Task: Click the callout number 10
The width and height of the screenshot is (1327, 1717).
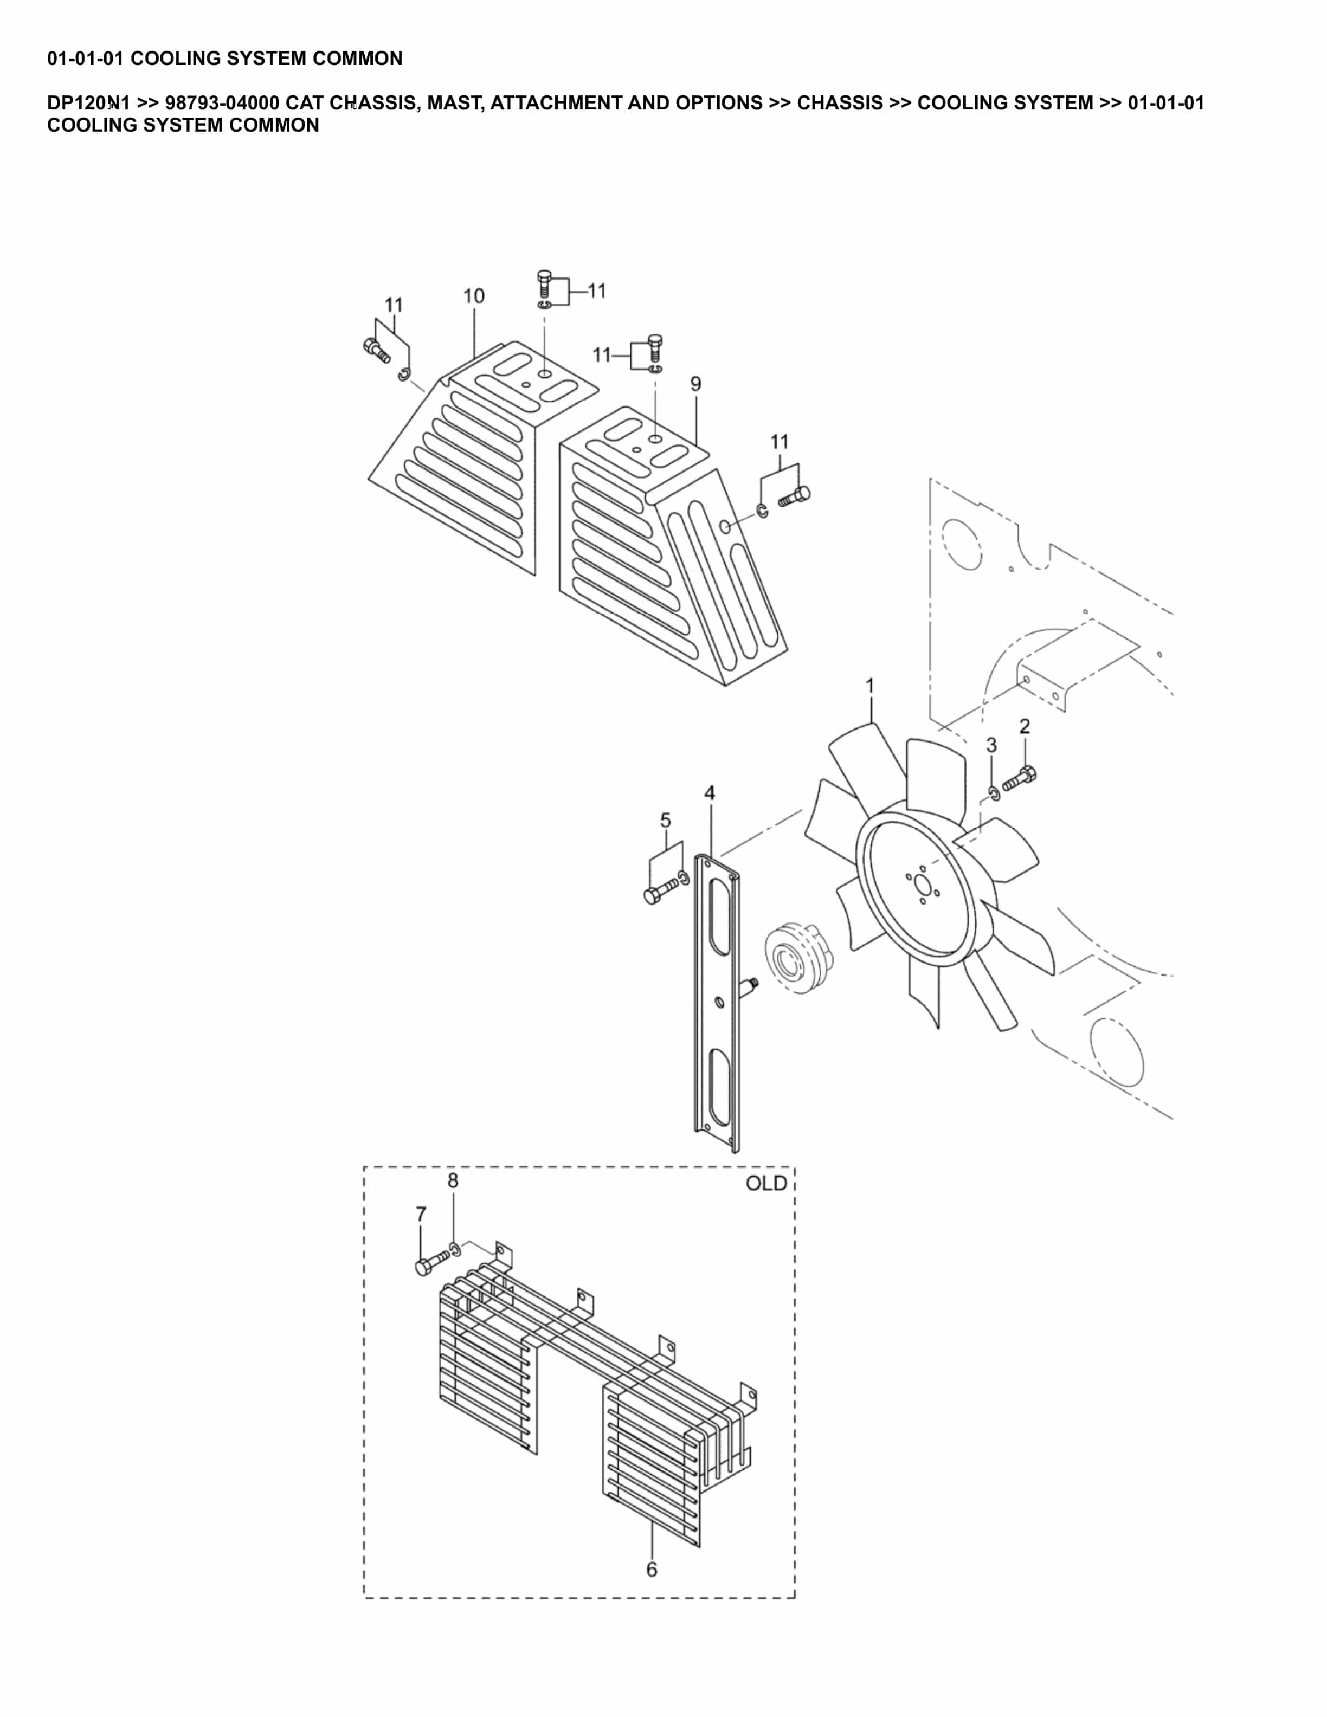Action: coord(473,296)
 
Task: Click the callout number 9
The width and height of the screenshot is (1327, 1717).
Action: coord(695,384)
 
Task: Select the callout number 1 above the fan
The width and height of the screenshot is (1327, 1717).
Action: coord(869,686)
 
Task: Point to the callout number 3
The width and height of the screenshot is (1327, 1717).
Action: coord(991,745)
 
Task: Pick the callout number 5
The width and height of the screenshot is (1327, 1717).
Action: coord(665,821)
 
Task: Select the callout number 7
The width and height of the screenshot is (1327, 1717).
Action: coord(421,1215)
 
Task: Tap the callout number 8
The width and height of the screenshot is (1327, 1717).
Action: coord(453,1181)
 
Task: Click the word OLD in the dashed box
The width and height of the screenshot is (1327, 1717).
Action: coord(766,1184)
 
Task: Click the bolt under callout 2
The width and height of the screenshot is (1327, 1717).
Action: coord(1020,779)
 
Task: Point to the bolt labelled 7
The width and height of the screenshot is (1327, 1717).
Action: coord(431,1263)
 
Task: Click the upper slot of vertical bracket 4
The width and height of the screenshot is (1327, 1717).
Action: coord(719,918)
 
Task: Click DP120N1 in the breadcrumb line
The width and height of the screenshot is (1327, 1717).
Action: coord(88,103)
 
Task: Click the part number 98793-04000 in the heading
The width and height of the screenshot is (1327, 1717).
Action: coord(222,103)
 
